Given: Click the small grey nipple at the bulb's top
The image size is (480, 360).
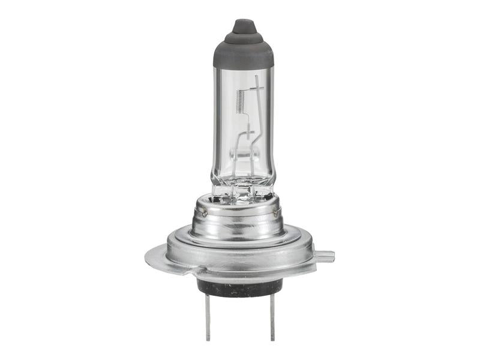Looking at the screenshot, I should point(244,27).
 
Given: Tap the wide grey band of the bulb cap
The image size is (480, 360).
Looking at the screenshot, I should point(244,56).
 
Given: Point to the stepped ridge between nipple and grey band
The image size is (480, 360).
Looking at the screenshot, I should point(244,38).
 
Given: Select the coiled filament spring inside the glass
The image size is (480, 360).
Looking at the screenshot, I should point(241,100).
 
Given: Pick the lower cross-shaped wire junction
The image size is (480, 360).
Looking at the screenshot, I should point(248,132).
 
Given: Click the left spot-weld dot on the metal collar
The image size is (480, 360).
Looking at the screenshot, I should point(205,213).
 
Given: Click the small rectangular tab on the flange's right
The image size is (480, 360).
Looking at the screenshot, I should point(324,257).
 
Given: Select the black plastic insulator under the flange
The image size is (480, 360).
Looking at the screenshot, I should point(240,287).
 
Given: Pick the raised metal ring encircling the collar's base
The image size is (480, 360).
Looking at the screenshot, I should point(240,243).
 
